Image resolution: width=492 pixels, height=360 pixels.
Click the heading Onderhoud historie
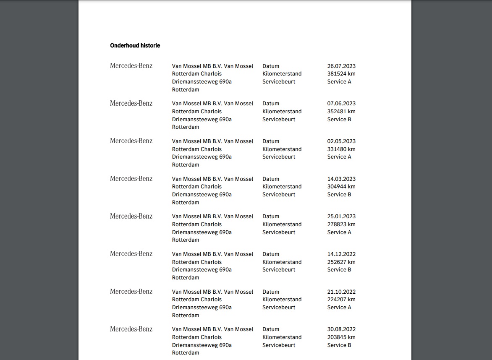tap(135, 45)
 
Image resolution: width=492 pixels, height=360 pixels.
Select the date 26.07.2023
tap(341, 66)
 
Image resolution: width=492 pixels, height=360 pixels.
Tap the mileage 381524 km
tap(341, 74)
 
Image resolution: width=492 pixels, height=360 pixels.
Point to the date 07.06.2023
tap(341, 104)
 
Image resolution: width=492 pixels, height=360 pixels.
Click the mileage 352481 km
tap(341, 112)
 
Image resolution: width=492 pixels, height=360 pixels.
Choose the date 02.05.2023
tap(341, 141)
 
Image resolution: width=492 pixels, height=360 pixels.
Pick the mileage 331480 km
tap(341, 149)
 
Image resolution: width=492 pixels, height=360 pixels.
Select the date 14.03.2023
tap(341, 179)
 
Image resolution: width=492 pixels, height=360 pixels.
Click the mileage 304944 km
tap(341, 187)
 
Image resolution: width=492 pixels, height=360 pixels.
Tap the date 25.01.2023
tap(341, 217)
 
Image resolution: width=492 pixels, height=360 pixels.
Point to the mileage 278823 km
tap(341, 224)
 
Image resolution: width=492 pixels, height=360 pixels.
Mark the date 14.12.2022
tap(341, 254)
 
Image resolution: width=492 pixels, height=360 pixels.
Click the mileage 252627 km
tap(341, 262)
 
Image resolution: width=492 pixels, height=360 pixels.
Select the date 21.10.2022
tap(341, 292)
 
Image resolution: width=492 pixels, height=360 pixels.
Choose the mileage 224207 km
tap(341, 300)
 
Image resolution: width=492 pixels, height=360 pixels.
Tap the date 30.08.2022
tap(341, 329)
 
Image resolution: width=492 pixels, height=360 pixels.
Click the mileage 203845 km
tap(341, 337)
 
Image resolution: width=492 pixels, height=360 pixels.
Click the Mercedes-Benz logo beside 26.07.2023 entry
tap(131, 66)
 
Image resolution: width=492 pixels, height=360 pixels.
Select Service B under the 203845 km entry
tap(339, 345)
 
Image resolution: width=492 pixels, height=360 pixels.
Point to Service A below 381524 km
tap(339, 81)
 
